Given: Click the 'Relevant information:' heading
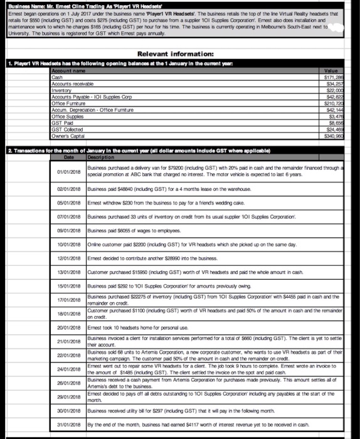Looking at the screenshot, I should tap(180, 54).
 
